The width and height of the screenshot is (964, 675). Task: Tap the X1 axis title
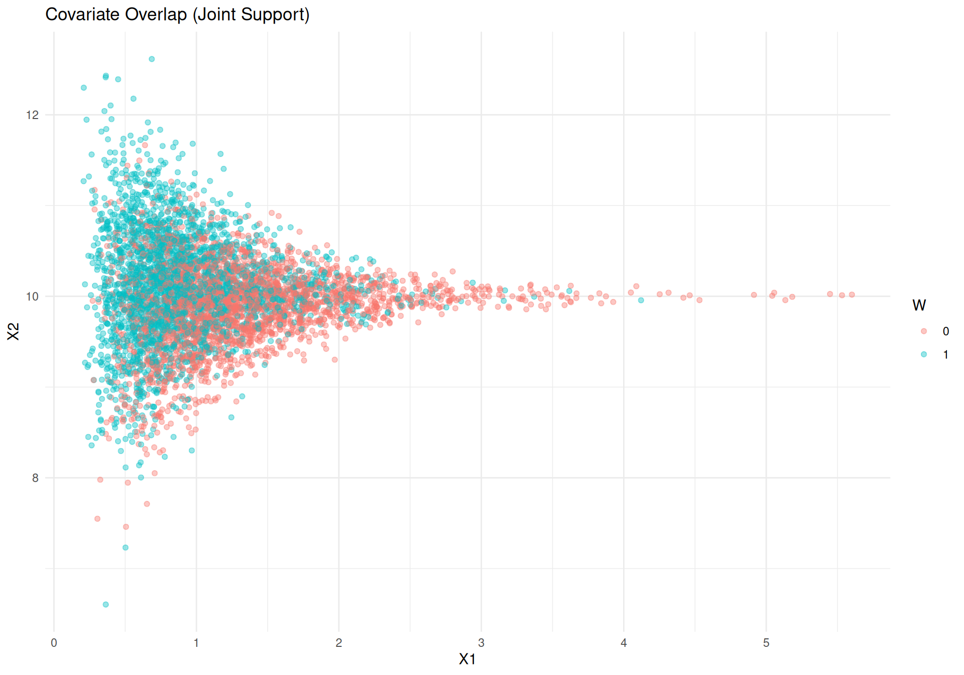click(x=467, y=659)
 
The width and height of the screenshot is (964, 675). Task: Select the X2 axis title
click(x=14, y=331)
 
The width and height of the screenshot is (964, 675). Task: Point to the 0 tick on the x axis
click(x=54, y=643)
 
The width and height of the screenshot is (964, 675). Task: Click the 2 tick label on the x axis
click(x=339, y=643)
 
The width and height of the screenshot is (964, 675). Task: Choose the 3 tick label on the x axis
click(x=481, y=643)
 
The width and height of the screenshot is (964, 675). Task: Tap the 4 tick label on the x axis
click(x=624, y=643)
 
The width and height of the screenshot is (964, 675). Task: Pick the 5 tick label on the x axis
click(x=766, y=643)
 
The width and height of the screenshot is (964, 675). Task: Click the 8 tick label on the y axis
click(x=35, y=478)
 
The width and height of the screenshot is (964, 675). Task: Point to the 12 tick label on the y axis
click(x=32, y=115)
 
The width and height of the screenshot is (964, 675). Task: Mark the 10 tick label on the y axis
click(x=32, y=296)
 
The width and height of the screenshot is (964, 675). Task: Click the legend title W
click(x=919, y=305)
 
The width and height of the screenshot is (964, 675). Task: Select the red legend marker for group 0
click(x=924, y=331)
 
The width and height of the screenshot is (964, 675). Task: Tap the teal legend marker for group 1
click(x=924, y=354)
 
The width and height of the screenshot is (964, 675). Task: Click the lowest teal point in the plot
click(x=105, y=604)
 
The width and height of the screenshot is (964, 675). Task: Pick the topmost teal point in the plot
click(x=152, y=59)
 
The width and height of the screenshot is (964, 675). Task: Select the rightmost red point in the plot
click(x=852, y=295)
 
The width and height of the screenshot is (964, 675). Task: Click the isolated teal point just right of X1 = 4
click(x=641, y=300)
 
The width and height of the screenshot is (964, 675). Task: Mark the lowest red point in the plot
click(x=126, y=527)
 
